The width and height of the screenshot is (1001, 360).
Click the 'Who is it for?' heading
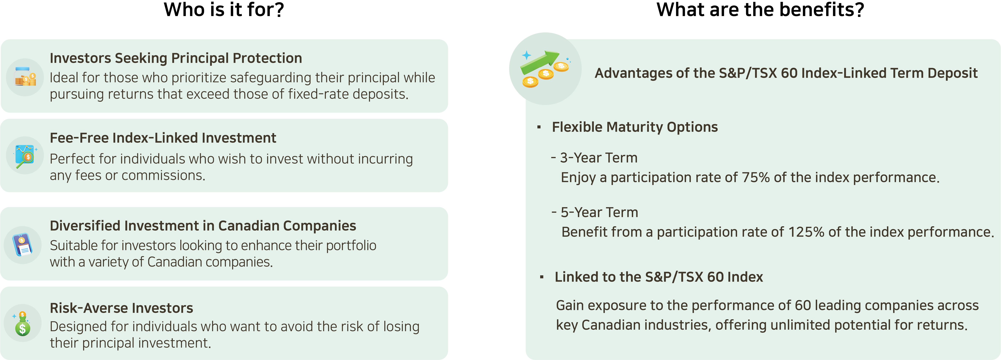224,10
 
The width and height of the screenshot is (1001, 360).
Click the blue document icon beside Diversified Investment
23,245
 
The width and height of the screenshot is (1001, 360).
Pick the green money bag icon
22,324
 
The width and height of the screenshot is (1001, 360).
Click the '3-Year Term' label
598,158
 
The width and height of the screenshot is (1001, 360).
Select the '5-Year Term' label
599,212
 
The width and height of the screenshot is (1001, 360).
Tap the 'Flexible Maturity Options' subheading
635,127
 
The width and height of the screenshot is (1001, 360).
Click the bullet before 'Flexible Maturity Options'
539,127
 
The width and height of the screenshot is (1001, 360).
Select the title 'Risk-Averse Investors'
121,308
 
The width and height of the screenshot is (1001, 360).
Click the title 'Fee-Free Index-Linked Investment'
163,138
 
